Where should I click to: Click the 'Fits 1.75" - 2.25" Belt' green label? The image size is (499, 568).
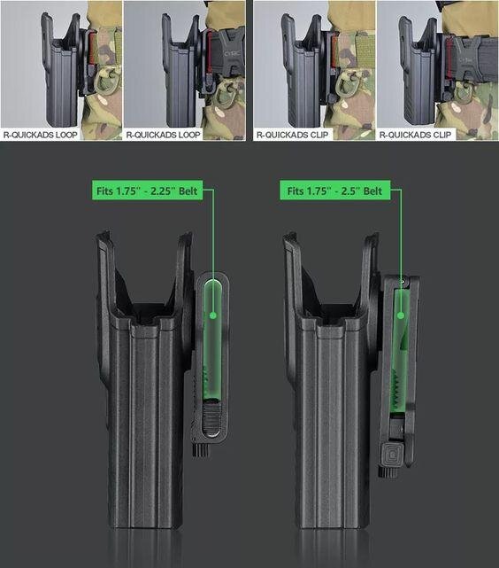[x=147, y=191]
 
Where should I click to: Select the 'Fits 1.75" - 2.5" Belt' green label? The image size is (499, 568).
[x=335, y=191]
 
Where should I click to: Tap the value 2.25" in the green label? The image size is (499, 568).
[x=160, y=191]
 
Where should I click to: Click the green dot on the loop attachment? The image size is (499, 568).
[x=213, y=315]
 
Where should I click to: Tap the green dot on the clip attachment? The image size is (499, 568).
[x=400, y=315]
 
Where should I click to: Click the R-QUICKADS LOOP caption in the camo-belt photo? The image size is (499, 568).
[x=41, y=135]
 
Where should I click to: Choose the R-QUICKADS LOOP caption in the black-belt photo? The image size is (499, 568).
[x=163, y=135]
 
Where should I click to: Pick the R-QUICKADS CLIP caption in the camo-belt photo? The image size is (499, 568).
[x=292, y=135]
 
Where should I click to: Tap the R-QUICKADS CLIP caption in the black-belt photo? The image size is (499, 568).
[x=415, y=135]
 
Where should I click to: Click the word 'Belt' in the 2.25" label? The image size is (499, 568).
[x=188, y=191]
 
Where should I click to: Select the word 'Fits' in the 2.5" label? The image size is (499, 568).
[x=296, y=191]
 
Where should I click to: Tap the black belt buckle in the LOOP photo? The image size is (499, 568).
[x=226, y=54]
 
